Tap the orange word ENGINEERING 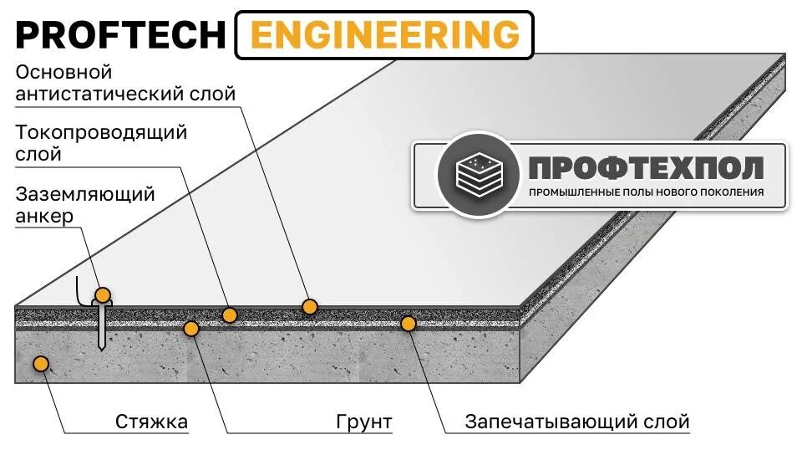click(x=384, y=35)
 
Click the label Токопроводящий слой click(x=101, y=143)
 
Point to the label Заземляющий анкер click(x=85, y=205)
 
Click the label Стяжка click(x=152, y=421)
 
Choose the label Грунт click(x=365, y=421)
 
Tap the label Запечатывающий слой click(x=577, y=421)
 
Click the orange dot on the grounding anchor click(x=103, y=295)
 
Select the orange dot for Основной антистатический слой click(x=310, y=307)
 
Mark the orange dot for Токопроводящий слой click(x=230, y=314)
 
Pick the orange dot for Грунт click(x=191, y=329)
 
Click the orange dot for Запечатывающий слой click(x=409, y=322)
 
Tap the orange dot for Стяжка click(x=39, y=363)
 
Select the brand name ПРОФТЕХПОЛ click(x=646, y=168)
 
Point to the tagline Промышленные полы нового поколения click(x=646, y=192)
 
